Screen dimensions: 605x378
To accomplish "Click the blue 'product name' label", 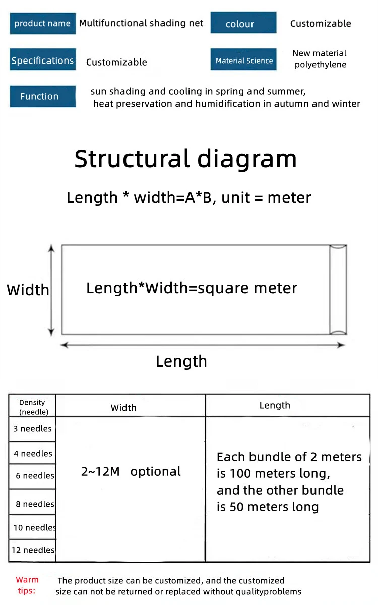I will (x=42, y=24).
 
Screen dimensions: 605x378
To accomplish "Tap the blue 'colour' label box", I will (x=243, y=24).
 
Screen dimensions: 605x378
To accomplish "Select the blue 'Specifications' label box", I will (x=42, y=60).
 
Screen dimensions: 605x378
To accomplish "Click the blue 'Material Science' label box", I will (x=244, y=60).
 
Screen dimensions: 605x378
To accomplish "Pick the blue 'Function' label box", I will (x=42, y=96).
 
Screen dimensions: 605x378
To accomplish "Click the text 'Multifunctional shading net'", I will (x=141, y=23).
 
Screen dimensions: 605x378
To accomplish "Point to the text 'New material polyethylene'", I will (x=320, y=59).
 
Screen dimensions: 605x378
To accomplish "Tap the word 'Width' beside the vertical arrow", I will (x=28, y=290).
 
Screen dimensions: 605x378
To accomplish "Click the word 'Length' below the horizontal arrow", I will (x=181, y=361).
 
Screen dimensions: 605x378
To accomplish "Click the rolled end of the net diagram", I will (x=338, y=289).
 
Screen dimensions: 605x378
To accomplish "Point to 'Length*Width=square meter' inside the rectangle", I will (x=192, y=288).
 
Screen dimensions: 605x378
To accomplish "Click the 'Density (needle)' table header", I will (x=32, y=407).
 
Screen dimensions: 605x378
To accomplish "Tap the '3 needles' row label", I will (x=32, y=429).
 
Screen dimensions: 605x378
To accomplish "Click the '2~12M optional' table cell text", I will (x=131, y=472).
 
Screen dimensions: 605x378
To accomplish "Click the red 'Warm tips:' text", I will (x=27, y=585).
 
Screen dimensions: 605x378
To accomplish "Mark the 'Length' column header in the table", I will (x=275, y=405).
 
